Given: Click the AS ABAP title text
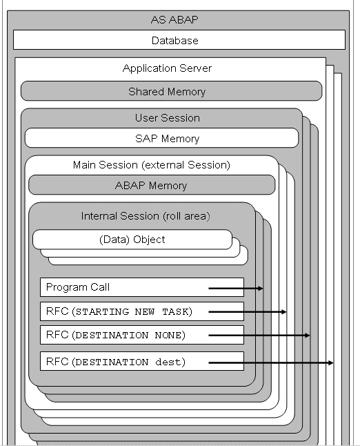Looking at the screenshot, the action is coord(174,19).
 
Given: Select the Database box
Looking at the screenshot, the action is coord(179,40).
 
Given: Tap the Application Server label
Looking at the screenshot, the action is coord(167,68).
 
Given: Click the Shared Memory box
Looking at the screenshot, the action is coord(172,91).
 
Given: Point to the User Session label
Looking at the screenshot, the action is coord(168,118).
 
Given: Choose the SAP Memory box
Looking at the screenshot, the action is coord(161,138).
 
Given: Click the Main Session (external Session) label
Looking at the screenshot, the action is coord(152,165).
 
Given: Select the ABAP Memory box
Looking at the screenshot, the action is coord(152,185).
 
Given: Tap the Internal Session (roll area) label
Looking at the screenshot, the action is coord(146,216).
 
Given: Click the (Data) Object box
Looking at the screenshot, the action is coord(132,240).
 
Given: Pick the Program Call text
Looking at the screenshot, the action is coord(78,287).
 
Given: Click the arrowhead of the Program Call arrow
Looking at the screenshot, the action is coord(261,289).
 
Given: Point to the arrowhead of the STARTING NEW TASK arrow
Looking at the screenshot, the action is coord(283,312).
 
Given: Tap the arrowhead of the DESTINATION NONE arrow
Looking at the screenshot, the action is coord(307,336).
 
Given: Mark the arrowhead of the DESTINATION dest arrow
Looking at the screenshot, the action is coord(330,362).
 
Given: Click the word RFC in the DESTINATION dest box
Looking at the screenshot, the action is coord(57,362).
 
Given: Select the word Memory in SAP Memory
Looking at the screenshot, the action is coord(181,139).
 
